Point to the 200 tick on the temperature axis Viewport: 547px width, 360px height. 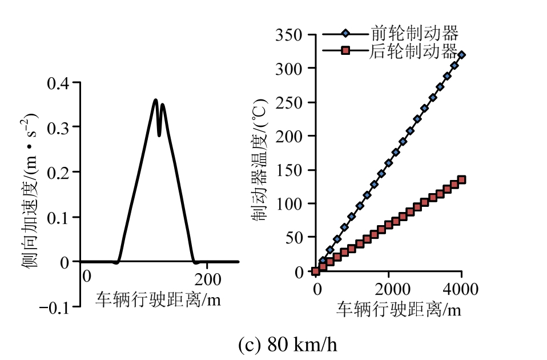[289, 136]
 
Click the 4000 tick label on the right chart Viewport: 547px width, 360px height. [461, 288]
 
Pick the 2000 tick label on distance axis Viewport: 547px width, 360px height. [389, 288]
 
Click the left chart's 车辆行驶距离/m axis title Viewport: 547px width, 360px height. [158, 299]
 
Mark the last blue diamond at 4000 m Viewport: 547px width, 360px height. [461, 55]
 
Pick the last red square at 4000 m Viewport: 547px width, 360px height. [461, 179]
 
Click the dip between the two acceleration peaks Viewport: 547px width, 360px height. [159, 135]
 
